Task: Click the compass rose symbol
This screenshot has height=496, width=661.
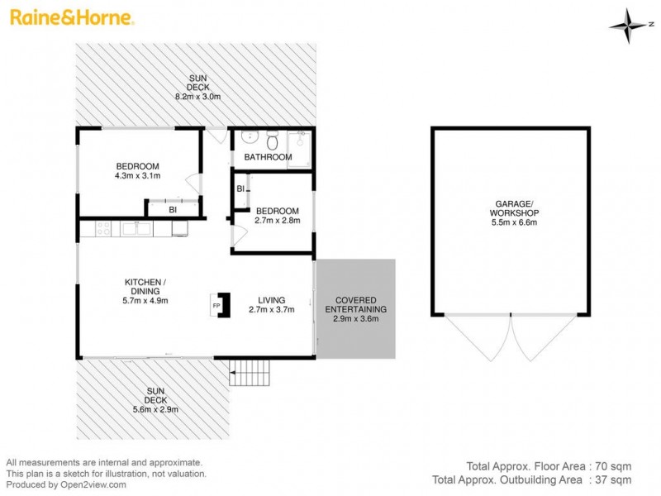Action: click(629, 26)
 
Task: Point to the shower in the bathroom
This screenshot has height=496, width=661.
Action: click(299, 149)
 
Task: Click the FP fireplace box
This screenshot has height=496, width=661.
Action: click(217, 304)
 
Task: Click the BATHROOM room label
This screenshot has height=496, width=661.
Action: click(268, 157)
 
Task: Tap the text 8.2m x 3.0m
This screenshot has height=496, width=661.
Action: click(197, 96)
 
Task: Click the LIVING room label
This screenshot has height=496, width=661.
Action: click(271, 300)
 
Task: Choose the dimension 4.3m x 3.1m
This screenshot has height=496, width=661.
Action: click(137, 175)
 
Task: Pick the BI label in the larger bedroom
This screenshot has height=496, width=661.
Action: click(173, 210)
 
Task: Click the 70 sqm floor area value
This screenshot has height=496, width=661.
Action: click(615, 465)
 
